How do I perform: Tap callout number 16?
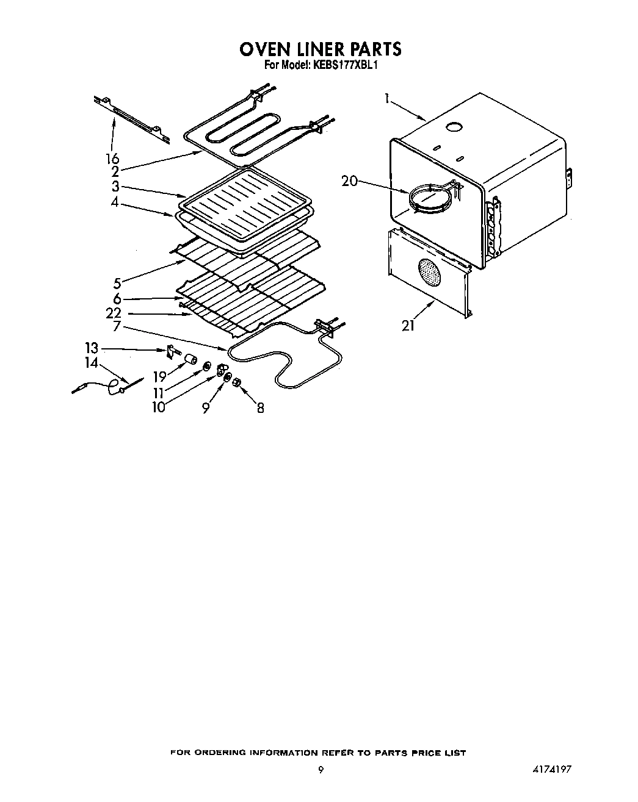point(112,159)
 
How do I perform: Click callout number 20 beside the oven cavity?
point(349,181)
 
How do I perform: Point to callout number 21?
point(408,326)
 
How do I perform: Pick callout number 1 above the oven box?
point(387,98)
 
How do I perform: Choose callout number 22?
point(113,313)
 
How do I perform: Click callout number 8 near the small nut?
point(261,408)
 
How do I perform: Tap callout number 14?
point(92,363)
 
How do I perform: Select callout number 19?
point(160,377)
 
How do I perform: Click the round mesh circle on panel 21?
point(430,273)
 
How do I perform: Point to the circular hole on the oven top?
point(454,127)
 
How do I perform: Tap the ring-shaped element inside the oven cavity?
point(430,198)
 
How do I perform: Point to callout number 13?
point(91,348)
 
